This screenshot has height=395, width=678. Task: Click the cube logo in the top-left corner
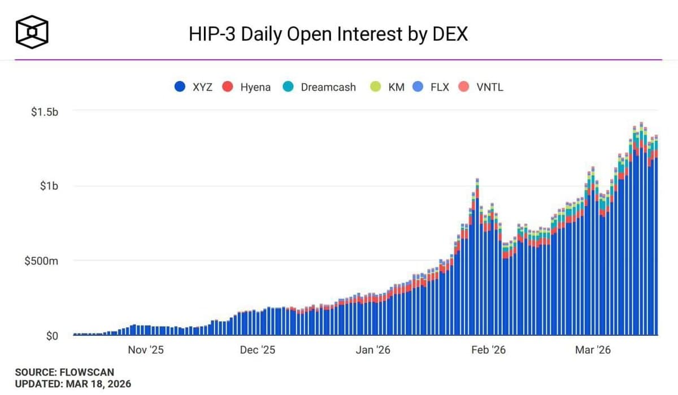32,32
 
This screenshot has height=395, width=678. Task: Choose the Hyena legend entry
246,87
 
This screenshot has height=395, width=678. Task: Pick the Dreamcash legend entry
319,87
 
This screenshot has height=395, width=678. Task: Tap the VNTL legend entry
481,87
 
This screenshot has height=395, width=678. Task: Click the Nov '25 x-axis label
145,350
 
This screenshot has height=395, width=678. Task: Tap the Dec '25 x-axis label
257,350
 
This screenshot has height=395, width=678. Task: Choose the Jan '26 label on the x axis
372,350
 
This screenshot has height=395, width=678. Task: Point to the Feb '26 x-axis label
488,350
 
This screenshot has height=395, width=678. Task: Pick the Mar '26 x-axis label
593,350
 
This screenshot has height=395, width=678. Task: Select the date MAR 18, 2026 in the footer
97,384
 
